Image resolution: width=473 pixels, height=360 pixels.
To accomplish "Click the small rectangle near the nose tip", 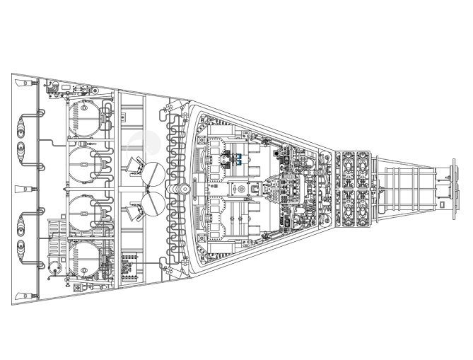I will pyautogui.click(x=442, y=204).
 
